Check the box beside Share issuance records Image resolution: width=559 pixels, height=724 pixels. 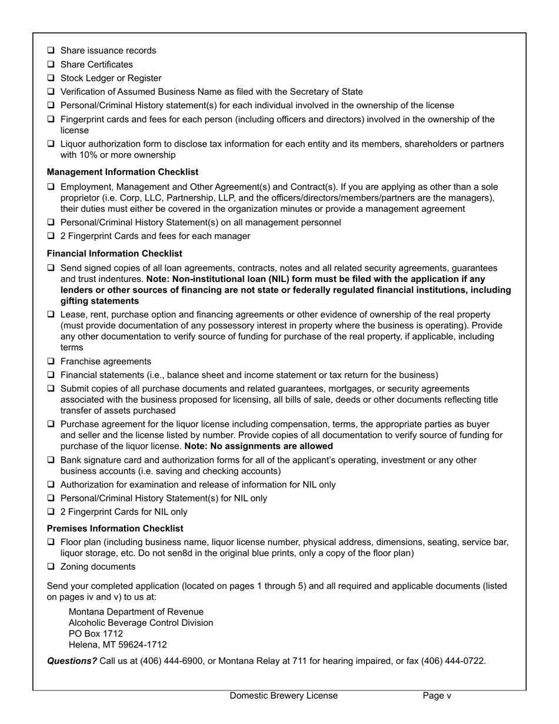coord(51,51)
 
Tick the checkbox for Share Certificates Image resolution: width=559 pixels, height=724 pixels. coord(51,64)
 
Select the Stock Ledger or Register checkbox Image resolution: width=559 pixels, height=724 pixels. coord(51,78)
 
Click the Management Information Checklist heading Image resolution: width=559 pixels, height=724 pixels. coord(122,172)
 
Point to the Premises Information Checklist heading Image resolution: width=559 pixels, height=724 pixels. coord(115,528)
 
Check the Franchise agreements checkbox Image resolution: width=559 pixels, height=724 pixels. coord(51,361)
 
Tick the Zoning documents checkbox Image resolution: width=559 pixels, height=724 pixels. coord(51,566)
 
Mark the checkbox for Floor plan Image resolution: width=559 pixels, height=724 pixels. coord(51,542)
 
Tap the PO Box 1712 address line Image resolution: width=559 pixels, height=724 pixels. coord(96,633)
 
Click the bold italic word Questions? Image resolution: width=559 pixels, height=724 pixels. coord(72,660)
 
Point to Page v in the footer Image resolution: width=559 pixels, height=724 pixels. coord(437,695)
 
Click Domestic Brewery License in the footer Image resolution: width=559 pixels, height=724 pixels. coord(284,695)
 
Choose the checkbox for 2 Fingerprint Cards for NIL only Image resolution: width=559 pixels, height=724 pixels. coord(51,512)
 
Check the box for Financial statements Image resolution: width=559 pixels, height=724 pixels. coord(51,375)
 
